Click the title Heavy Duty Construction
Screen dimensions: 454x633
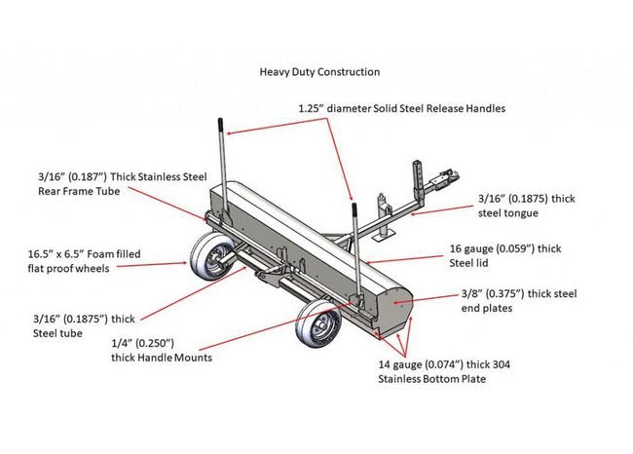pyautogui.click(x=319, y=72)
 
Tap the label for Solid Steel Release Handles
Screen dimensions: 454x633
pyautogui.click(x=401, y=108)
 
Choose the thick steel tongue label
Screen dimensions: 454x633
pyautogui.click(x=526, y=206)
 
